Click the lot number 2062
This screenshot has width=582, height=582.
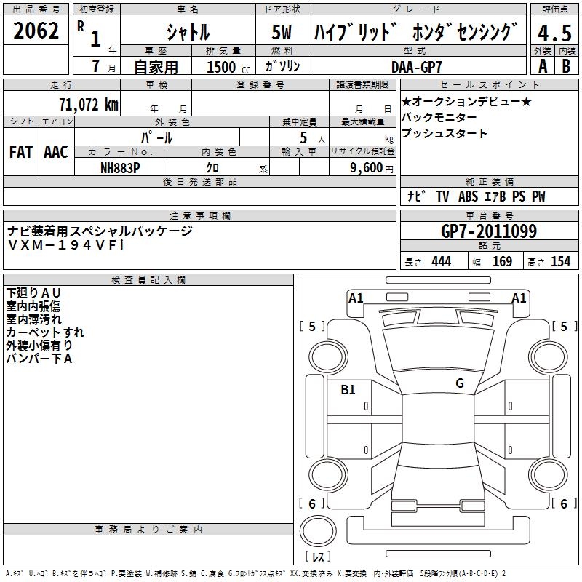[x=36, y=31]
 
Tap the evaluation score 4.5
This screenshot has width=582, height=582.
[x=554, y=33]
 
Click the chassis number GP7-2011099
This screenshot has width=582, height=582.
[x=489, y=232]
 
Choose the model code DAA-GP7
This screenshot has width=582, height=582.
[x=422, y=66]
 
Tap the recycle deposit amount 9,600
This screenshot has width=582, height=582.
[x=364, y=167]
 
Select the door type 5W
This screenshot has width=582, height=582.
[x=283, y=33]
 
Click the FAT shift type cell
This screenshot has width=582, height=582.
[x=21, y=151]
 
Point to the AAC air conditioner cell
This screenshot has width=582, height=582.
[x=56, y=151]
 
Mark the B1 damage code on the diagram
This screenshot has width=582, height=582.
[x=348, y=390]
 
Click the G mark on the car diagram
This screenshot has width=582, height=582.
[x=460, y=383]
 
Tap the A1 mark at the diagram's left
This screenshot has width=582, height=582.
[x=356, y=298]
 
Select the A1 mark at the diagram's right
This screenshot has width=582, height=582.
[x=519, y=298]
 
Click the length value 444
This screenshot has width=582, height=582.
[x=441, y=261]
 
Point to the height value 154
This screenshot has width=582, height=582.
[x=560, y=261]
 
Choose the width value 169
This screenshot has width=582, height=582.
[x=502, y=261]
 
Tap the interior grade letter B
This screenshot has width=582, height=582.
[x=566, y=66]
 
